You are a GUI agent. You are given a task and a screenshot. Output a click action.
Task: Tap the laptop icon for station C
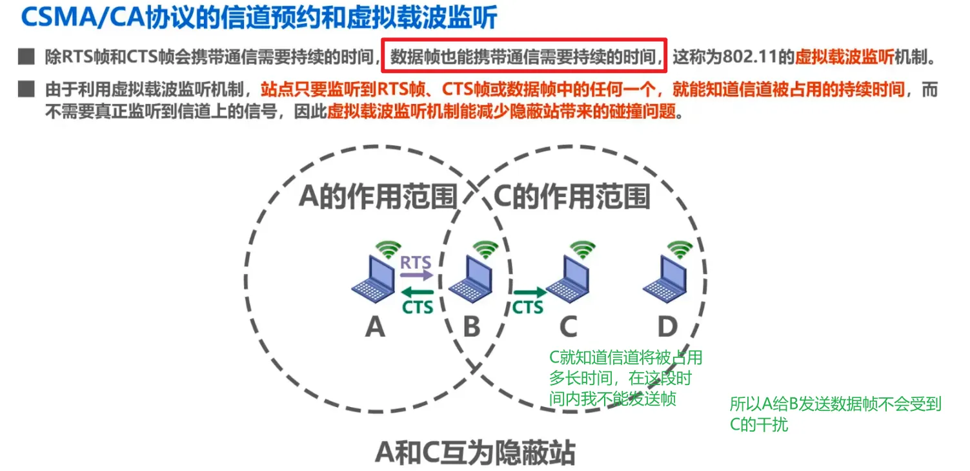point(567,279)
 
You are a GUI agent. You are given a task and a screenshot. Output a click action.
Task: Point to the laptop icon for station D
point(664,279)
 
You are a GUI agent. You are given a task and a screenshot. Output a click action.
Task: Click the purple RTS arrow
point(417,274)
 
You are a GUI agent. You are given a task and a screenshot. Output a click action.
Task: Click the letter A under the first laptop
point(375,328)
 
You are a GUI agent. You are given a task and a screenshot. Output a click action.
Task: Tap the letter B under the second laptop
point(472,328)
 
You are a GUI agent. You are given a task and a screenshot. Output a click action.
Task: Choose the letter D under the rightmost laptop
point(667,328)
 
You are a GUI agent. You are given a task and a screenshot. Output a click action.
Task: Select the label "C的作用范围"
point(572,195)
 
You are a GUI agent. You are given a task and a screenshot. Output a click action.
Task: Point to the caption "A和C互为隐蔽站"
point(475,454)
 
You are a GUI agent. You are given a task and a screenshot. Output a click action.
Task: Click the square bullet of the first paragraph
point(26,57)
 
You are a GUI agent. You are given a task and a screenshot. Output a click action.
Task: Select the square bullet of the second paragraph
point(26,89)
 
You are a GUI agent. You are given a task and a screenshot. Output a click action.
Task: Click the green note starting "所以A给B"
point(835,414)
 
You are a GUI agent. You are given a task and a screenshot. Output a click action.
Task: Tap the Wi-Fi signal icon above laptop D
point(680,249)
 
